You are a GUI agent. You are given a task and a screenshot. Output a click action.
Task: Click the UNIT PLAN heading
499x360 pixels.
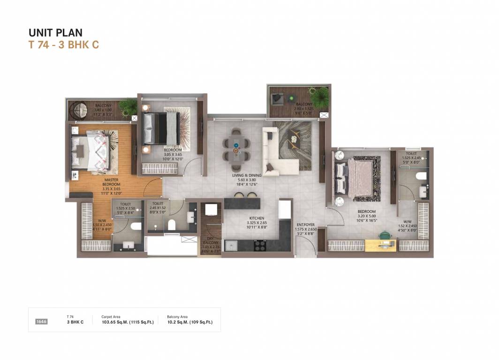pos(55,32)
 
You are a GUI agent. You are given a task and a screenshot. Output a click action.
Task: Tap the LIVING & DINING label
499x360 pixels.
pos(247,175)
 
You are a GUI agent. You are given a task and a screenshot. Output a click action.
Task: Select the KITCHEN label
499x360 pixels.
pos(257,218)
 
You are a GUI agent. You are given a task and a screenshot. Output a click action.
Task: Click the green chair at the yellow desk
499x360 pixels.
pos(385,234)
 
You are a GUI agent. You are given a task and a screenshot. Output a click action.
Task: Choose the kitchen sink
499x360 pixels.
pos(231,245)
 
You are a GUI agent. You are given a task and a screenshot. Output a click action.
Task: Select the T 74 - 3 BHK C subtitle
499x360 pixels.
pos(63,45)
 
